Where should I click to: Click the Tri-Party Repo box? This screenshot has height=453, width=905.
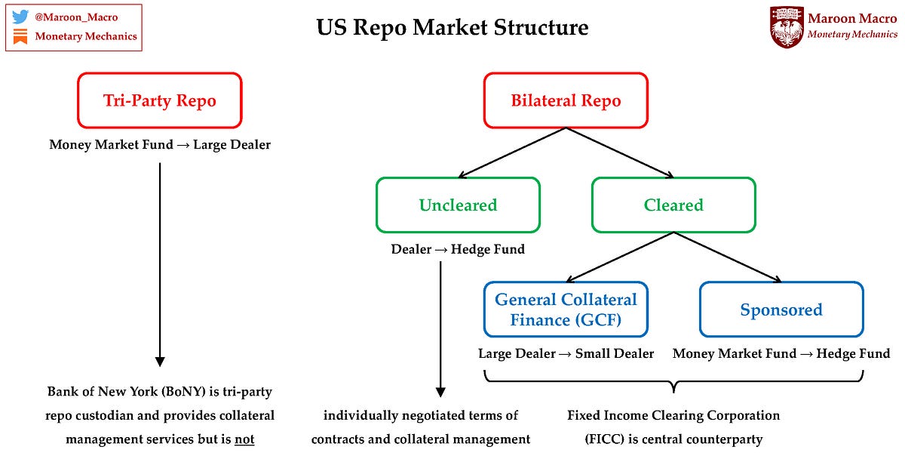(159, 100)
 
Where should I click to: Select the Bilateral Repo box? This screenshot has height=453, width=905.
(566, 100)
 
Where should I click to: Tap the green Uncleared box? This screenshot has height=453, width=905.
(458, 205)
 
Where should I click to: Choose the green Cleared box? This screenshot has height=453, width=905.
(673, 205)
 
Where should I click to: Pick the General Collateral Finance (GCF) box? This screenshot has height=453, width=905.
(566, 309)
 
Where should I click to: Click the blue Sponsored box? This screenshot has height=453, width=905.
(781, 309)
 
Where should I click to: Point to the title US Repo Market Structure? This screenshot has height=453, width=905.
(452, 28)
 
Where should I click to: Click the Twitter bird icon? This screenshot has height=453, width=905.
(20, 17)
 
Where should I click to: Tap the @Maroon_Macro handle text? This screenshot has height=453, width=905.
(76, 17)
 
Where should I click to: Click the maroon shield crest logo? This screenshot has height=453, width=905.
(787, 27)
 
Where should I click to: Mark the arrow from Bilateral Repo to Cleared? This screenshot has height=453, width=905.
(620, 153)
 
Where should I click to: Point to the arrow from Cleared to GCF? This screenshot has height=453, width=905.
(620, 257)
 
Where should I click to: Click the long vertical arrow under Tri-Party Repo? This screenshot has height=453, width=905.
(159, 264)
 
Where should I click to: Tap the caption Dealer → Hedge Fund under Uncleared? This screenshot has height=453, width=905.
(458, 248)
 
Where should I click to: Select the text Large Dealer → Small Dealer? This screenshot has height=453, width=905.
(566, 353)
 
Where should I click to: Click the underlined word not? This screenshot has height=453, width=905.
(244, 439)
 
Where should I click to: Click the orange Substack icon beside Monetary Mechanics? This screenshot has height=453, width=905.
(20, 35)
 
